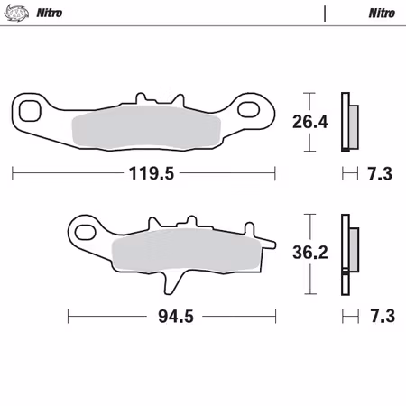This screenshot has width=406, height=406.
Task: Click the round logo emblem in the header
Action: (x=16, y=14)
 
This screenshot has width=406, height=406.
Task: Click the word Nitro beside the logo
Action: (x=51, y=14)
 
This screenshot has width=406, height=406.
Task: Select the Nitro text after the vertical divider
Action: (x=380, y=14)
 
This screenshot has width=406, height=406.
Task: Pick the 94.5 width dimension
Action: (x=173, y=316)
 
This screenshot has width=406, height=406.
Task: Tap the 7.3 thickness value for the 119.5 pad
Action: (x=381, y=174)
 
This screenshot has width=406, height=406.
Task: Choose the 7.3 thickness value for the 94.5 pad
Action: (x=381, y=316)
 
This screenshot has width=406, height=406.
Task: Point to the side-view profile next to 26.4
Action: (x=346, y=122)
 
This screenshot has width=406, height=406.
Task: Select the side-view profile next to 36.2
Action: (x=346, y=254)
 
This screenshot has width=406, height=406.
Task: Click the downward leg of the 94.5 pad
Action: (x=169, y=281)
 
